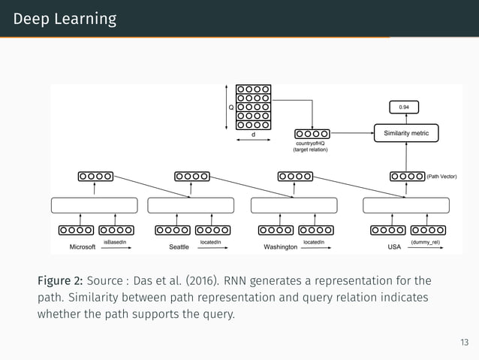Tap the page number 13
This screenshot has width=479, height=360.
(464, 343)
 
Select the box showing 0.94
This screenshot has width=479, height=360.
(405, 107)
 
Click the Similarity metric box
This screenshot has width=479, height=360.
(406, 133)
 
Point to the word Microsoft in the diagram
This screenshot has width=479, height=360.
(83, 247)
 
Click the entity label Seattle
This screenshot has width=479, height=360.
(179, 247)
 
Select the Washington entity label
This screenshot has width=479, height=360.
(281, 247)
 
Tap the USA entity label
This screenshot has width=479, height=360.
(394, 247)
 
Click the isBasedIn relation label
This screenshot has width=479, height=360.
(115, 242)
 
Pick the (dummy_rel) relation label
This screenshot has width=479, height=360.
(426, 242)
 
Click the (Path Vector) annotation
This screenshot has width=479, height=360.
(441, 177)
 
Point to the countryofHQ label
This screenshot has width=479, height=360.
(310, 144)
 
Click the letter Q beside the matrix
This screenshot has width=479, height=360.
(231, 107)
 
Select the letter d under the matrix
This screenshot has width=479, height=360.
(253, 135)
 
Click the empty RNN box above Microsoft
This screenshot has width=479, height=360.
(95, 205)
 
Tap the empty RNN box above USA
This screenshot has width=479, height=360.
(405, 205)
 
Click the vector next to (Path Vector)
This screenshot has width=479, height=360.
(407, 177)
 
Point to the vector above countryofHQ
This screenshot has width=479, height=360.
(312, 134)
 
